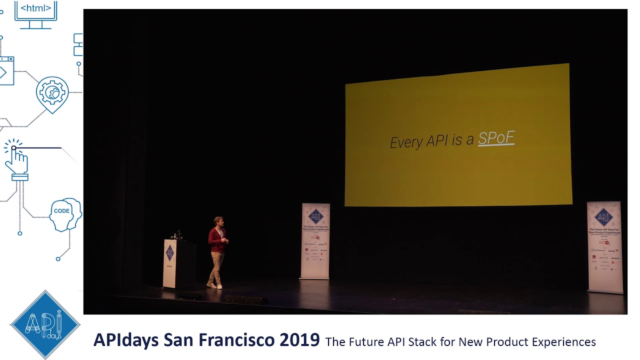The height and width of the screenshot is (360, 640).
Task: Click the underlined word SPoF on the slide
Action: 496,138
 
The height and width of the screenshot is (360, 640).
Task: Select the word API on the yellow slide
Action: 437,141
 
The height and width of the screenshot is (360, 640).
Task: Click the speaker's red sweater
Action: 218,240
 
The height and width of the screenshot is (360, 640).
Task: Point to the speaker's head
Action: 218,221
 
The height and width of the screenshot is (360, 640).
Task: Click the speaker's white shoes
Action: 215,285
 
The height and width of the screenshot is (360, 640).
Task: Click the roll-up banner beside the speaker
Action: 315,241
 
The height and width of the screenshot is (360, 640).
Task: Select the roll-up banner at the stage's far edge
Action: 604,247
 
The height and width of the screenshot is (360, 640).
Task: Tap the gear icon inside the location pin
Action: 52,92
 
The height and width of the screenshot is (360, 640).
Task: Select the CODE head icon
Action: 65,214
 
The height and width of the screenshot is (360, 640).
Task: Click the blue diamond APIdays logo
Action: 45,324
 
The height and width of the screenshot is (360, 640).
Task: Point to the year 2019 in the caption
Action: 299,340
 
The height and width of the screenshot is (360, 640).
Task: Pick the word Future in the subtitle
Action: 361,342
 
